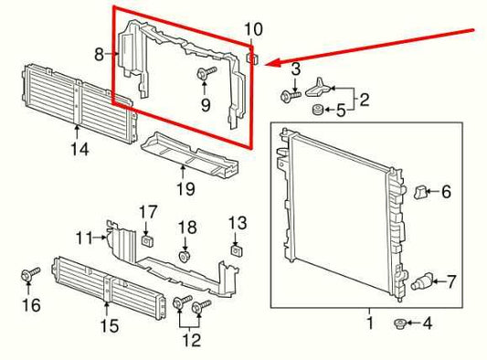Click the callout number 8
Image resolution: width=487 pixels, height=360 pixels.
100,55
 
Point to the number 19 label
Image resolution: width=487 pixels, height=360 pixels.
185,189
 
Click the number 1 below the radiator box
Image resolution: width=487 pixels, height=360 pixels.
369,323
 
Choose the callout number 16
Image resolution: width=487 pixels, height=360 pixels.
31,305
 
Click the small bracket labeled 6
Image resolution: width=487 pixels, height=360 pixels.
419,192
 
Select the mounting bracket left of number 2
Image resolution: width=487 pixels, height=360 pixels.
319,88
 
